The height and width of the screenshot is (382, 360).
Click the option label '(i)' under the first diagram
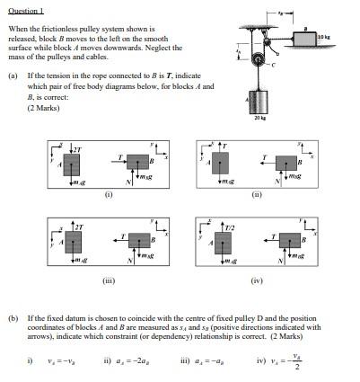click(x=109, y=192)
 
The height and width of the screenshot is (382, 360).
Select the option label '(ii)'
click(x=257, y=192)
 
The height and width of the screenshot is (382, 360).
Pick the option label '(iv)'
click(x=257, y=280)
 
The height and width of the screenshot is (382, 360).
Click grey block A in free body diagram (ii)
click(x=218, y=164)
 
